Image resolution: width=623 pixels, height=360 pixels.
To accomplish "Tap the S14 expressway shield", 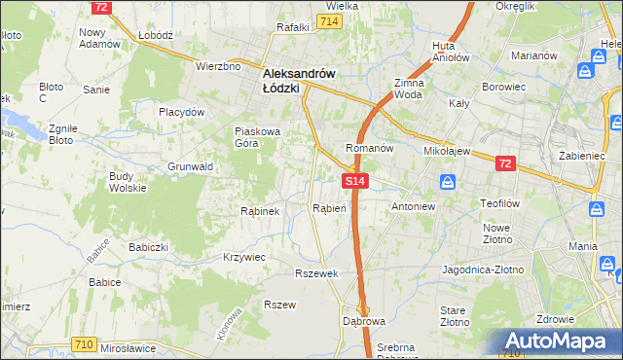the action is click(x=354, y=181).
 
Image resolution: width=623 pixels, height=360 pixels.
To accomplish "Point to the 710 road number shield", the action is click(x=84, y=343).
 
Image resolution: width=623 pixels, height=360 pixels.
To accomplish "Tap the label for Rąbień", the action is click(x=329, y=207).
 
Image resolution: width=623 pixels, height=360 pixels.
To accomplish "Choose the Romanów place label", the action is click(x=369, y=148).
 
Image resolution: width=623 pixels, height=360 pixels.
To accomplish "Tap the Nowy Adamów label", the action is click(x=99, y=38).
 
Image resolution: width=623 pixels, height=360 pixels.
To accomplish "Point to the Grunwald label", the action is click(x=191, y=166).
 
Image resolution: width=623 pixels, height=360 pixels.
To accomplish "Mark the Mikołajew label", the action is click(x=448, y=152).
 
